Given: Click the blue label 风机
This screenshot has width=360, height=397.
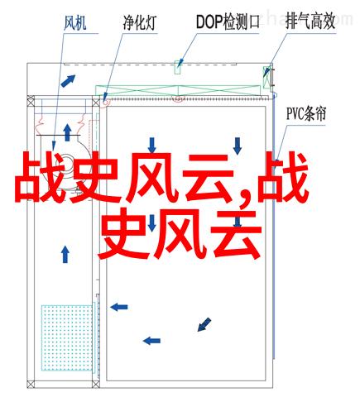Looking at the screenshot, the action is [75, 23].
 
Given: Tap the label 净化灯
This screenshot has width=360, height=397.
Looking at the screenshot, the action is [140, 22].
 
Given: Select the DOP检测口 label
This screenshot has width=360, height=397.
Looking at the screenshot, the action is [228, 22].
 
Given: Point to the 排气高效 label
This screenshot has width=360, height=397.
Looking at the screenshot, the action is [310, 22].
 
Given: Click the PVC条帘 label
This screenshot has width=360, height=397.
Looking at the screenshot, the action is [306, 114].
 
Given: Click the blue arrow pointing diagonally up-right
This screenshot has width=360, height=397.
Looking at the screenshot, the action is [68, 81].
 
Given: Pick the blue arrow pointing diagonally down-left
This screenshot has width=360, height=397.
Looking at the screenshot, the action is [204, 324].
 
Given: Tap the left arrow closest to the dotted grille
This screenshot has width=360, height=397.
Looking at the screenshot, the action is [119, 307].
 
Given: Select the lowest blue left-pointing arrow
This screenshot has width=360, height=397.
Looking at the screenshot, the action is [151, 341].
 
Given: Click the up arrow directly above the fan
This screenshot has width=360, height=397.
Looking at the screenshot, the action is [67, 132].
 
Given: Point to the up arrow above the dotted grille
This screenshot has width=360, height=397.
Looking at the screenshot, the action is [65, 254].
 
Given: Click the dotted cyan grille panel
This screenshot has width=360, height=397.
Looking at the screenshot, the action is [67, 337].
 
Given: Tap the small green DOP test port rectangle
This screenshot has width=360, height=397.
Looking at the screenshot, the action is [177, 67].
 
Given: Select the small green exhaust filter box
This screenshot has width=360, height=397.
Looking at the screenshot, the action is [266, 77].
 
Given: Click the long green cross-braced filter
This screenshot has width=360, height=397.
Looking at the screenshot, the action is [178, 91].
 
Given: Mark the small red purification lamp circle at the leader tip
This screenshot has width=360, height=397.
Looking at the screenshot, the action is [105, 102].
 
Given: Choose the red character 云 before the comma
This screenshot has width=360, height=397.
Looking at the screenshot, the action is [208, 177].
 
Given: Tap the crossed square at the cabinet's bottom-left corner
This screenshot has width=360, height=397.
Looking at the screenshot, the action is [31, 384].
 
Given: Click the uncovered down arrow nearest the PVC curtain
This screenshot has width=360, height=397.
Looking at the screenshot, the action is [238, 146].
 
